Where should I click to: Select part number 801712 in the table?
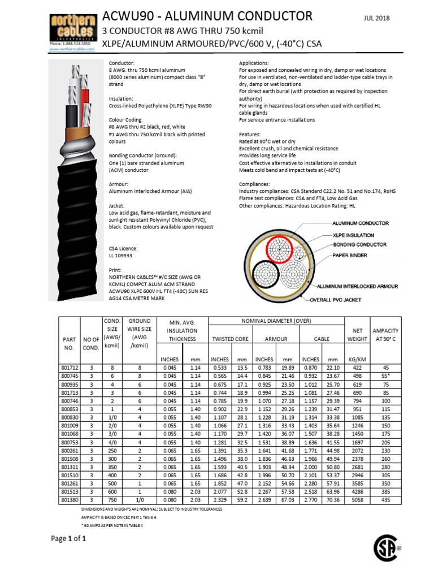(x=71, y=368)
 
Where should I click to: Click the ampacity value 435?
(x=386, y=500)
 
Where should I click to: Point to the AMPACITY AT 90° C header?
(x=386, y=334)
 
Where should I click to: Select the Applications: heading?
(x=254, y=63)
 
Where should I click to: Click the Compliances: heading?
(x=255, y=184)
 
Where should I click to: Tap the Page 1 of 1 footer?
(x=68, y=538)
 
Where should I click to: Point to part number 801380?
(x=71, y=500)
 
